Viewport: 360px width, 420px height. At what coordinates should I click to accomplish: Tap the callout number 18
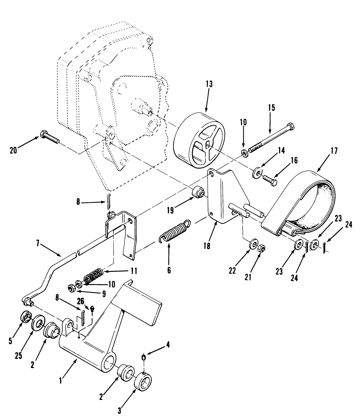tap(207, 246)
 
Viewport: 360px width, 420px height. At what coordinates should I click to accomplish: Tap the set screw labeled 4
tap(144, 358)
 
